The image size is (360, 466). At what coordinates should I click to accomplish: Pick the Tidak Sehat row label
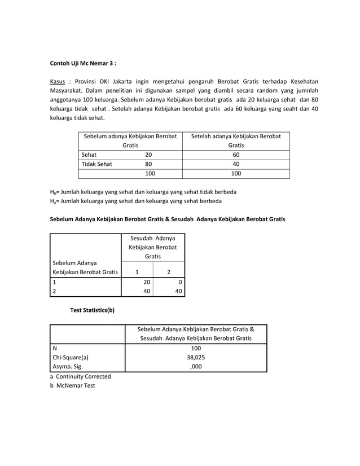coord(97,164)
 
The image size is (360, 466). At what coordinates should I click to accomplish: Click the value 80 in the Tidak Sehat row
coord(148,164)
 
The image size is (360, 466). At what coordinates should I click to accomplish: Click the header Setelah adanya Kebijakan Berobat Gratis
coord(236,140)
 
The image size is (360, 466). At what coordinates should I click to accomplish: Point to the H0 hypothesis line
coord(143,191)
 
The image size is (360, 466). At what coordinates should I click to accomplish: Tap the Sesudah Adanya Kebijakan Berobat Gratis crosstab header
coord(152,247)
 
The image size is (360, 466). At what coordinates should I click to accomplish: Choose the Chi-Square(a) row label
coord(71,357)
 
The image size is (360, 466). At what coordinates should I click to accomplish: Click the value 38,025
coord(195,357)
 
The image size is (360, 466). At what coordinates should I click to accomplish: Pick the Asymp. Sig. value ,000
coord(195,366)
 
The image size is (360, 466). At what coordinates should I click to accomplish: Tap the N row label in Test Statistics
coord(54,348)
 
